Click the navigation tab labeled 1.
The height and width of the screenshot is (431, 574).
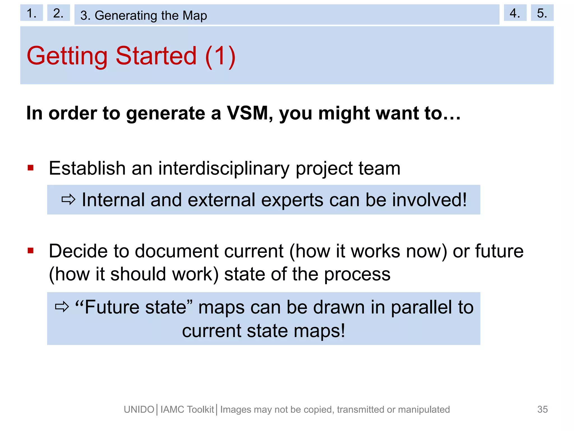(x=31, y=13)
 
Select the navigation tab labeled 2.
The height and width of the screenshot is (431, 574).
(x=58, y=13)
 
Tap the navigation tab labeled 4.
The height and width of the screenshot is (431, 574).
(x=515, y=13)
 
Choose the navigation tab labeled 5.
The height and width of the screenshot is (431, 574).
(x=542, y=13)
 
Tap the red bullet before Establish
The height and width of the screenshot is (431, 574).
(x=31, y=168)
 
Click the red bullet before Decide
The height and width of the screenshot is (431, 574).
(x=31, y=251)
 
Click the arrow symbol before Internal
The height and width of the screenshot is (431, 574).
(x=68, y=200)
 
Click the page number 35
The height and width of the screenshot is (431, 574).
(x=542, y=409)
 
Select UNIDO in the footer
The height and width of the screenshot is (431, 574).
(x=139, y=410)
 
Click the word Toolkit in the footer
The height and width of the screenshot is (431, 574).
(x=200, y=410)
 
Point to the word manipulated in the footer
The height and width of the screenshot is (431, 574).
(x=424, y=410)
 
